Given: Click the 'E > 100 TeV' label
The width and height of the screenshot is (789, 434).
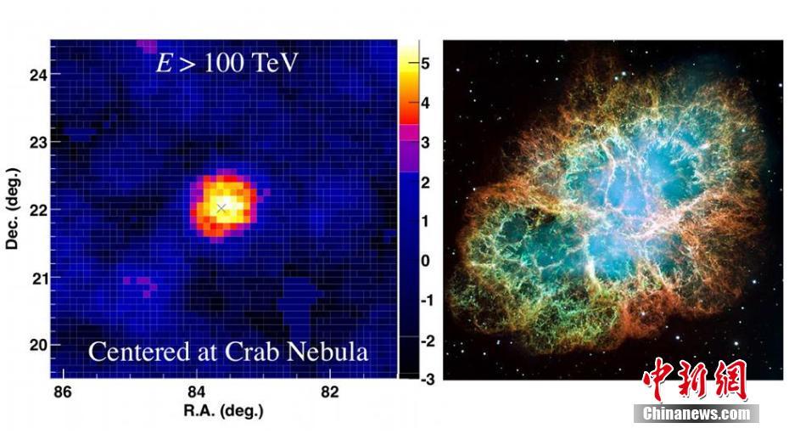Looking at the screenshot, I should [227, 63].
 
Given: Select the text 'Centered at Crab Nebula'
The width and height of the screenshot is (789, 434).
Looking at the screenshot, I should [227, 351].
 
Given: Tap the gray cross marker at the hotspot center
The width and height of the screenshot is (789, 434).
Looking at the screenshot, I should [221, 207].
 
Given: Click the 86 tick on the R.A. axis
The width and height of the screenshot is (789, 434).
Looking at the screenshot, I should [62, 392].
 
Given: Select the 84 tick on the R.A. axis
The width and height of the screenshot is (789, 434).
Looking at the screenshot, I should [196, 392].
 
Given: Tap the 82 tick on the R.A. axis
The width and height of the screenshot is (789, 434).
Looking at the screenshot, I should [330, 392].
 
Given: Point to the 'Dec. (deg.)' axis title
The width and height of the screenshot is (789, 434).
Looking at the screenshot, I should [12, 210].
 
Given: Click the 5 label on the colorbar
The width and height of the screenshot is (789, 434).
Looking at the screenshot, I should [426, 64].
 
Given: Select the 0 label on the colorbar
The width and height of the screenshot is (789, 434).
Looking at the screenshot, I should [426, 261].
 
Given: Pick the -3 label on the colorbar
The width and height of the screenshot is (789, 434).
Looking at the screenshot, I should [426, 379].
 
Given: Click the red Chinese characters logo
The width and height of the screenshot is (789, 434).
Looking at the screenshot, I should [694, 380].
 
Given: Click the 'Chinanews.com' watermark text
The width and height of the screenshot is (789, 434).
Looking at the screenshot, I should [696, 414].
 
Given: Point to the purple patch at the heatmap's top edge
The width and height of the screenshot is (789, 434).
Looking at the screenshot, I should [147, 45].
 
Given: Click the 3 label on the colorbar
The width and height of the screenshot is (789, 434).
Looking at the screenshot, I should [426, 143].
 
